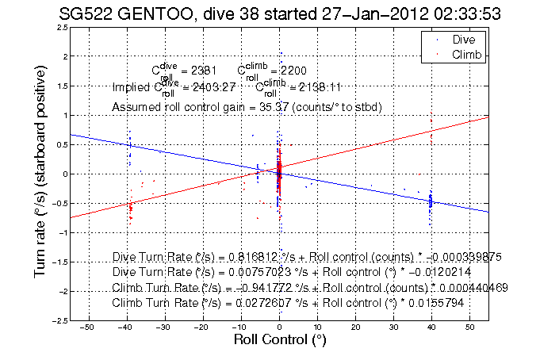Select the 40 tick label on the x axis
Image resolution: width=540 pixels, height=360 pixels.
coord(431,326)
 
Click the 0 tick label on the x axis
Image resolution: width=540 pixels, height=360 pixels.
coord(279,326)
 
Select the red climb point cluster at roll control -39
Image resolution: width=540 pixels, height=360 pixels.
coord(130,209)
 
